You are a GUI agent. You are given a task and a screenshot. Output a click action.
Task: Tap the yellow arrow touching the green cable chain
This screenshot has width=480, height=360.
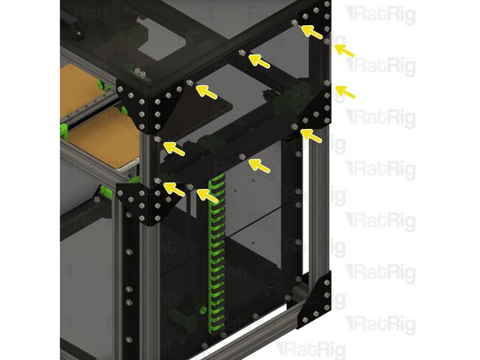tap(207, 195)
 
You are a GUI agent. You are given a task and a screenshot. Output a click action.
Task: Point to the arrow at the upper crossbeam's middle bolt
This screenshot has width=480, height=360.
tap(259, 60)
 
